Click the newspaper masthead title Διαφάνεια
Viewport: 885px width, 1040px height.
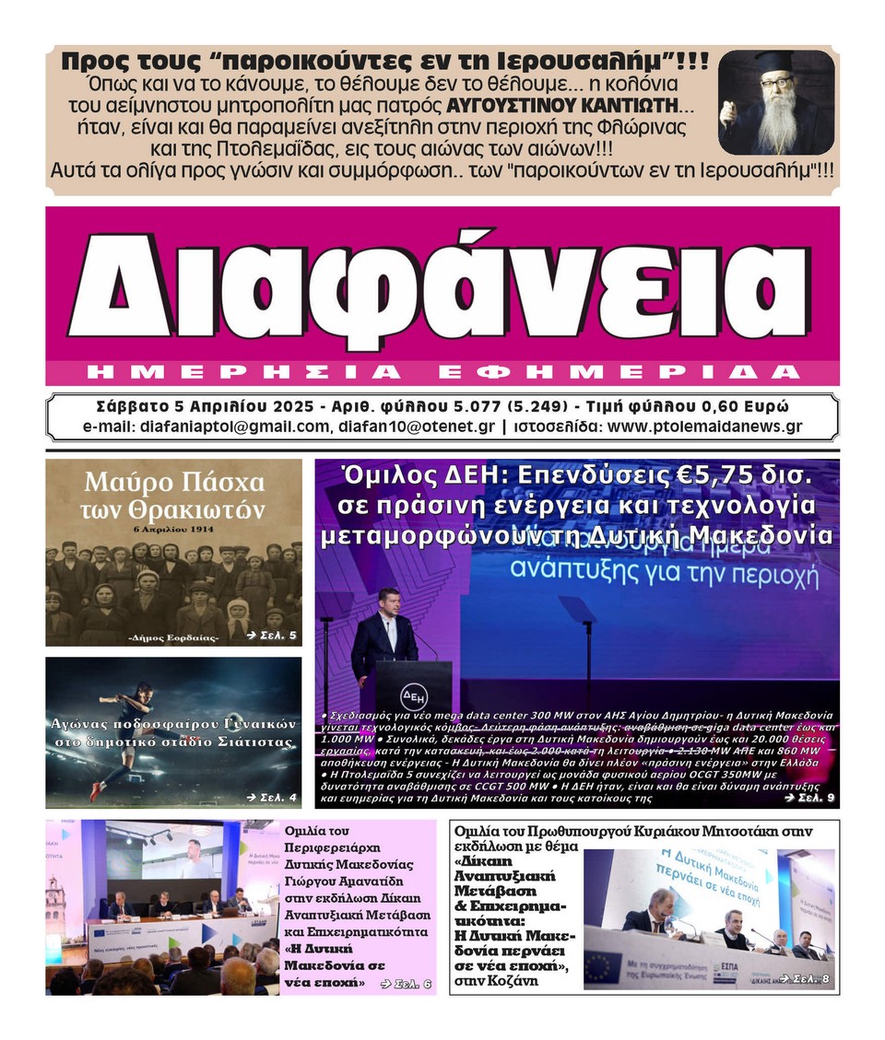click(442, 286)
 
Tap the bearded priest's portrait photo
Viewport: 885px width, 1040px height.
click(775, 102)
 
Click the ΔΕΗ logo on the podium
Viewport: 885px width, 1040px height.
click(414, 694)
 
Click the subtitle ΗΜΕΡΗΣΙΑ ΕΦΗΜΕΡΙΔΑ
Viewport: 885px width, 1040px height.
click(442, 372)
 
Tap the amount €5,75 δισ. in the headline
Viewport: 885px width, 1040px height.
click(747, 477)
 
